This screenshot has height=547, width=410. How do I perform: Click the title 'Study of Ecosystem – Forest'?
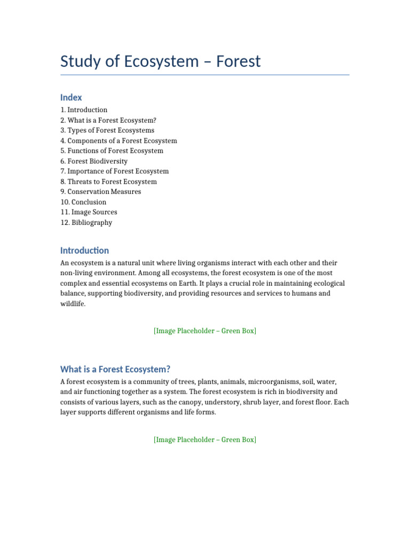point(160,61)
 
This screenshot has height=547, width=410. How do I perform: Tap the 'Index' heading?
point(71,97)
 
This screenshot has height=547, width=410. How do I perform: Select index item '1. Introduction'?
point(84,110)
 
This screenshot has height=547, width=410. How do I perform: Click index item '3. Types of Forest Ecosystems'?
point(107,130)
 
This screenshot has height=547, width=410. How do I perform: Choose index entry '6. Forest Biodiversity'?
point(94,161)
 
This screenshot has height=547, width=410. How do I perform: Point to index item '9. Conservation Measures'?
point(100,192)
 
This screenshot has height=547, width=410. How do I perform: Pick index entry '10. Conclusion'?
point(83,202)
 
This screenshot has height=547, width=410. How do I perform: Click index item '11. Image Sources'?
point(89,212)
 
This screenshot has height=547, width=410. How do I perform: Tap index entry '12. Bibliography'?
point(86,223)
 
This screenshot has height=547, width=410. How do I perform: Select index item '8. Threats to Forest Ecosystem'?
point(108,182)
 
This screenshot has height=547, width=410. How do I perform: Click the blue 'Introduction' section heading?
point(84,251)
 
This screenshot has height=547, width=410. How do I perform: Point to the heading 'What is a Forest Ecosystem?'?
point(115,369)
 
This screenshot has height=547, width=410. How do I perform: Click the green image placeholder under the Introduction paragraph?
point(205,331)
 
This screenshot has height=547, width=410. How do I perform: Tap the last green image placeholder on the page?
point(205,440)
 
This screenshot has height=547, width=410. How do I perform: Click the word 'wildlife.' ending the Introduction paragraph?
point(73,304)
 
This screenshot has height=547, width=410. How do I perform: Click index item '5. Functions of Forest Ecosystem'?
point(112,151)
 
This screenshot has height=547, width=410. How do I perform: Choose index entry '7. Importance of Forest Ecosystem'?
point(114,171)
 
